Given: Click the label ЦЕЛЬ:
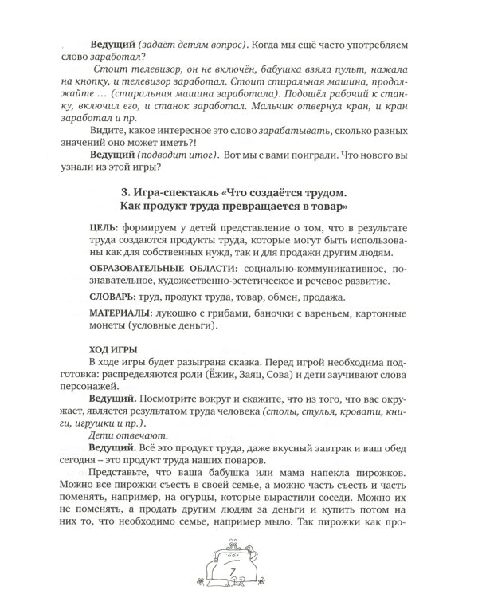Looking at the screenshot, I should tap(104, 230).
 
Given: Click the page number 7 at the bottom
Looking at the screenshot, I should tap(232, 572).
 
